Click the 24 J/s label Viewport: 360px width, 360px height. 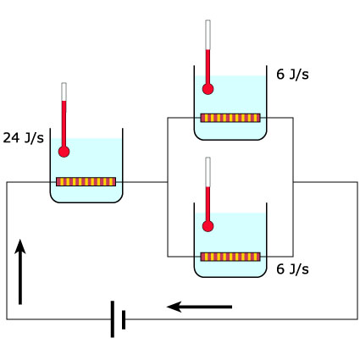(x=24, y=138)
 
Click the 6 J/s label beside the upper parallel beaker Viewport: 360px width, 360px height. (x=292, y=75)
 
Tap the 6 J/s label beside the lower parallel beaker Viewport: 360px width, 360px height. (x=292, y=269)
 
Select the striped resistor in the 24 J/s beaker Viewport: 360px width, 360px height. (x=86, y=181)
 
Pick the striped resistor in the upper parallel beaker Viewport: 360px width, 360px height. (x=230, y=118)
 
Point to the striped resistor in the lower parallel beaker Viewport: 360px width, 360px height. (x=230, y=257)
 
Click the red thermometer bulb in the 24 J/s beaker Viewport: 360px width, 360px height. (x=64, y=152)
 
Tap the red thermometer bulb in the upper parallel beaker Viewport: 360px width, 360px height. (x=208, y=89)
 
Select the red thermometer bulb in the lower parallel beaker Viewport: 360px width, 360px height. (x=208, y=226)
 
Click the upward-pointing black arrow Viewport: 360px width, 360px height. (x=20, y=272)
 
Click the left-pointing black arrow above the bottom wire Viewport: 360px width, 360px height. (x=199, y=307)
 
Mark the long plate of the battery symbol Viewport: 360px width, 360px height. (x=113, y=319)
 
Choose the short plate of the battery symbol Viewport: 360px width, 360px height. (x=124, y=319)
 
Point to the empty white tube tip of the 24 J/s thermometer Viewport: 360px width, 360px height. (x=64, y=91)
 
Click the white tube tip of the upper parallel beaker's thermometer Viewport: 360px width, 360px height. (x=208, y=35)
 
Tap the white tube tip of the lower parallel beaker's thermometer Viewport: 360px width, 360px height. (x=208, y=172)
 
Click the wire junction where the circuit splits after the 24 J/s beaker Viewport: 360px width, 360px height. (x=168, y=182)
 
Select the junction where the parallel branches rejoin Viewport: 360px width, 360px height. (x=293, y=182)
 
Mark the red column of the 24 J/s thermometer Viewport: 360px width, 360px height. (x=64, y=124)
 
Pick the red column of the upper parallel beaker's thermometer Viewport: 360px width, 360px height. (x=208, y=67)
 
